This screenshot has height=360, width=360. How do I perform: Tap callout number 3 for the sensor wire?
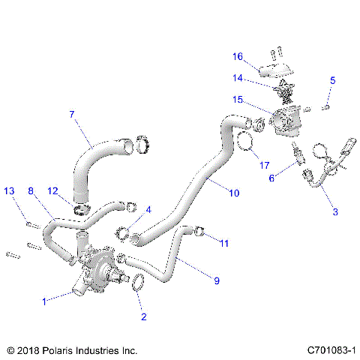pos(334,212)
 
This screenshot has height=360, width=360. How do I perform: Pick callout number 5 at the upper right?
pos(333,79)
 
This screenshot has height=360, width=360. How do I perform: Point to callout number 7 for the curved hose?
pos(72,115)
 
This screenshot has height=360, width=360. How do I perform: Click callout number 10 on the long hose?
pos(234,193)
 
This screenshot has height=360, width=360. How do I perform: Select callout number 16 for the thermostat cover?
pos(237,56)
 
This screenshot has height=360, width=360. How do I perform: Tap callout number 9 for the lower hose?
pos(217,281)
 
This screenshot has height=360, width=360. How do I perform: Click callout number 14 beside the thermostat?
pos(237,77)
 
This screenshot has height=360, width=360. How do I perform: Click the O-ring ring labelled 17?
pos(245,141)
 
